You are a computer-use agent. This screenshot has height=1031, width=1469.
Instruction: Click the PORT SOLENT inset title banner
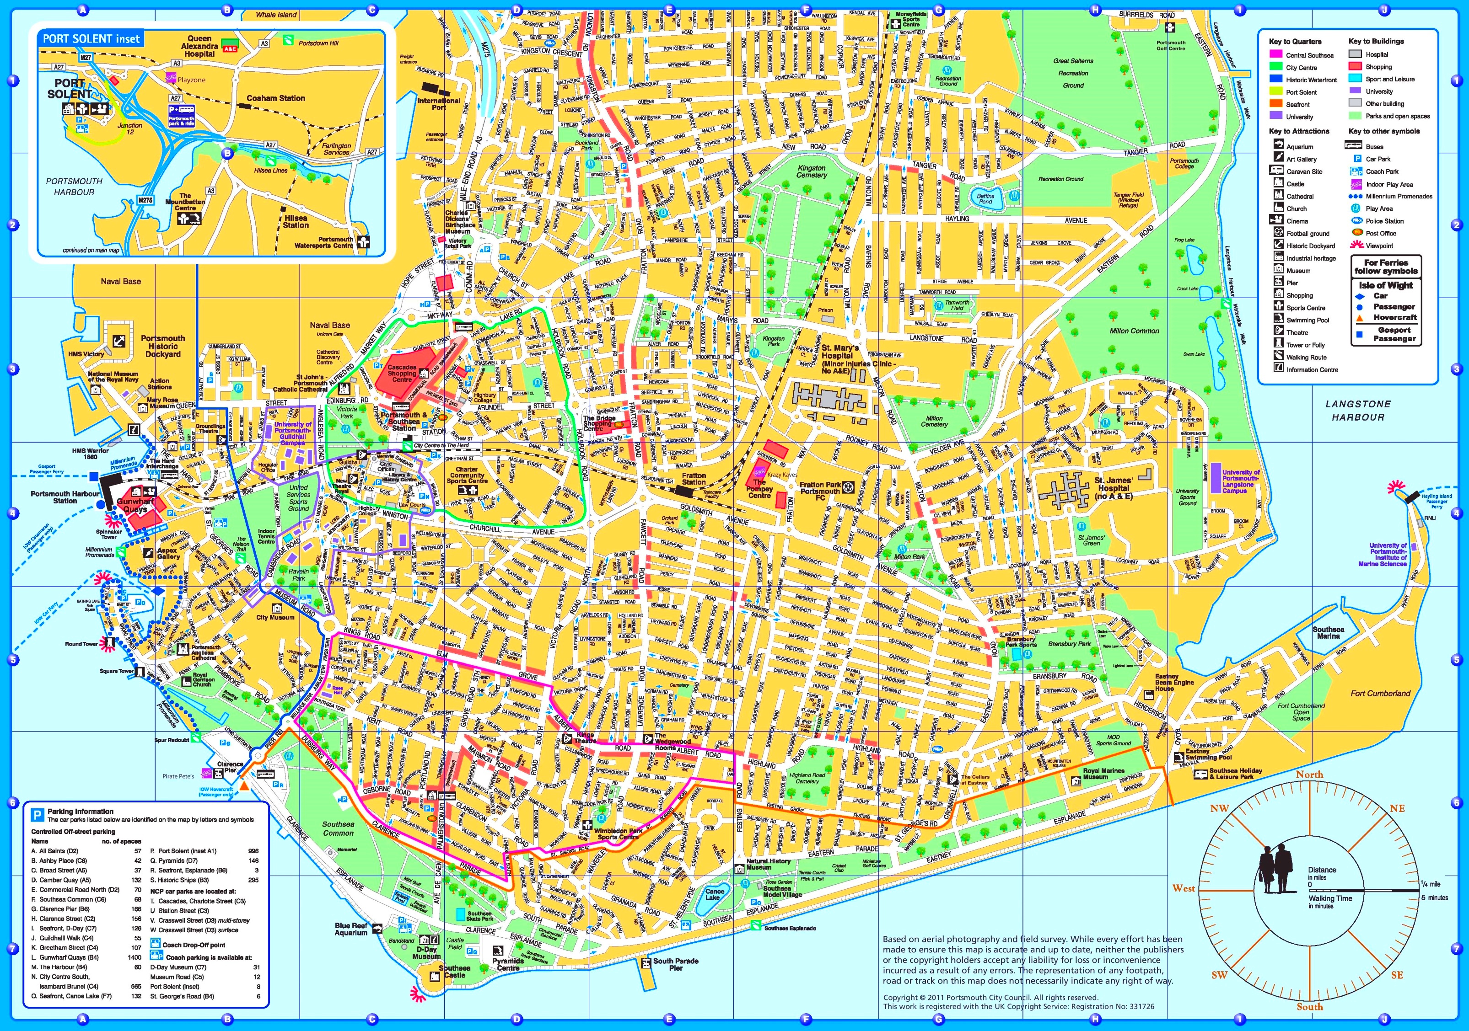91,38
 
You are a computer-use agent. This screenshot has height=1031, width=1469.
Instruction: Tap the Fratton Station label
694,478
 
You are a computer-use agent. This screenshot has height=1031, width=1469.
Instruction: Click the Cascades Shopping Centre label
402,374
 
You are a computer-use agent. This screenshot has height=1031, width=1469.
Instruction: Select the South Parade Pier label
676,964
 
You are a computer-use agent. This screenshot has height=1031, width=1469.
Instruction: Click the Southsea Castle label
455,972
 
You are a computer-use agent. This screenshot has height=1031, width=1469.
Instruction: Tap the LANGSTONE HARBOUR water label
1358,411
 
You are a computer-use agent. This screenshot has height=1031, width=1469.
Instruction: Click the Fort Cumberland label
1380,693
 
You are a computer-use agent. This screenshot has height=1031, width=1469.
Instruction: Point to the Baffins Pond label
986,199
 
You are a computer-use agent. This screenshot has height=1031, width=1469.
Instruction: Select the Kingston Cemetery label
811,171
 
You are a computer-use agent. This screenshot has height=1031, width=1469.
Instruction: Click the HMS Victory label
86,354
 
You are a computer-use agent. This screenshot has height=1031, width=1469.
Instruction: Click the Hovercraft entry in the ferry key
1395,317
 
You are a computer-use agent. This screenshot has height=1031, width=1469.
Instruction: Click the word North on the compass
1309,775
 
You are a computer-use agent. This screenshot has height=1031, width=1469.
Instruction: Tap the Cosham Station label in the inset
276,98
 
